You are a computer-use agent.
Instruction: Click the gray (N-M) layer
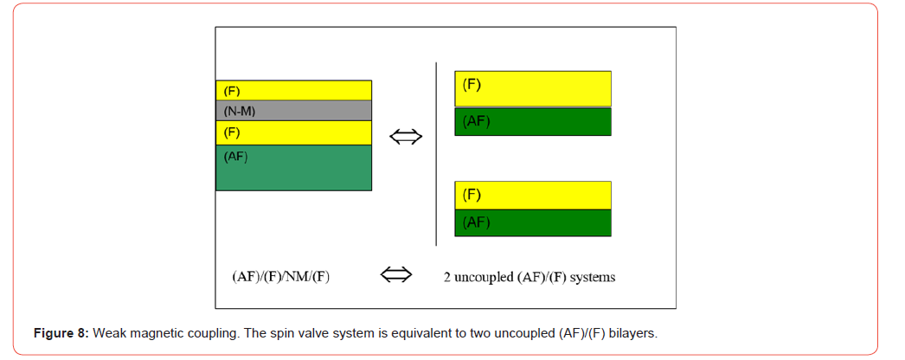(x=294, y=110)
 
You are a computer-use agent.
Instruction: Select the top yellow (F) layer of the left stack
(x=294, y=91)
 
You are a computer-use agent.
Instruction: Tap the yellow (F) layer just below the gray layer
(x=294, y=132)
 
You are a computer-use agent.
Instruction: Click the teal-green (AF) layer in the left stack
(x=294, y=167)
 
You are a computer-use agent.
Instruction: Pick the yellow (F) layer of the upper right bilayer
(x=533, y=89)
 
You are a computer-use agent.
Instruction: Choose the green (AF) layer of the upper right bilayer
(x=533, y=121)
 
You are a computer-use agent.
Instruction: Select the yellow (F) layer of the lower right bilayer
(x=533, y=195)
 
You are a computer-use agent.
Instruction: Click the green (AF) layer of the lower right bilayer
(x=533, y=222)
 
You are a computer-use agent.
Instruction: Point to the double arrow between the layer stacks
(x=407, y=137)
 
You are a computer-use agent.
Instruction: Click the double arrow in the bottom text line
(x=396, y=275)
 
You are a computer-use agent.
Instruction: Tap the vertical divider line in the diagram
(x=436, y=153)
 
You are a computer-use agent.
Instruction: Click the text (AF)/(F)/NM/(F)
(x=280, y=277)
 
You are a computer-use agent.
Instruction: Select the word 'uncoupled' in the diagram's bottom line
(x=478, y=278)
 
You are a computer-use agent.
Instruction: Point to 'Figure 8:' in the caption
(x=61, y=333)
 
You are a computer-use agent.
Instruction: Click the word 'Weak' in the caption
(x=105, y=333)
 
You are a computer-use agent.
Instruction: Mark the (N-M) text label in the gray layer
(x=239, y=112)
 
